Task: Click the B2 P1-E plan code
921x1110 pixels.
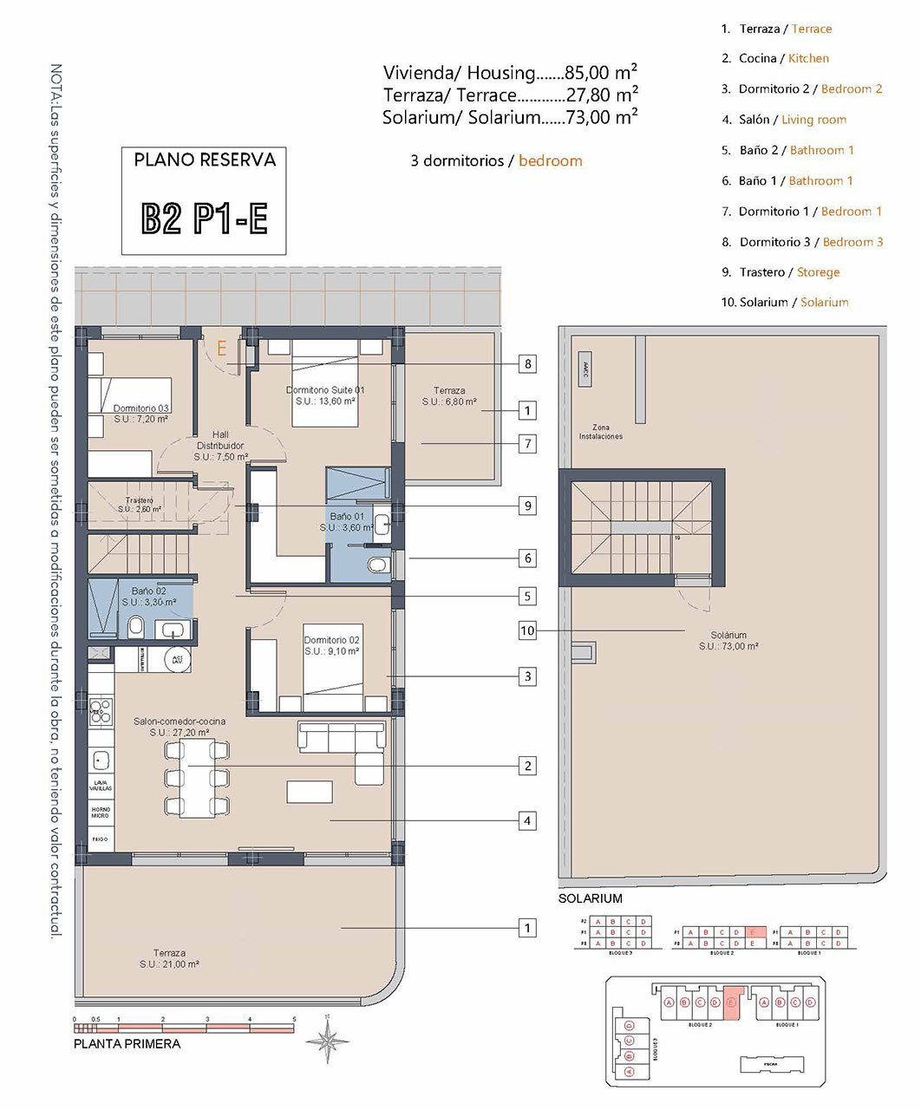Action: click(204, 219)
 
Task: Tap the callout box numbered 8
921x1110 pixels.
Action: click(527, 364)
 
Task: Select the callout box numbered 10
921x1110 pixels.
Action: click(527, 630)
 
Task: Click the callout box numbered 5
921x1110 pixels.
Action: click(527, 597)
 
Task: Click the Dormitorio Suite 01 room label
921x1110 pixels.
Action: click(325, 395)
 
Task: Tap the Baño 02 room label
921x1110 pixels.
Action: click(148, 596)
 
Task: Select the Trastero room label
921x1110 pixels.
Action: click(140, 505)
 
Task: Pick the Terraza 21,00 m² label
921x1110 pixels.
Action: click(170, 958)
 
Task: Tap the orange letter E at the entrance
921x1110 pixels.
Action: click(222, 349)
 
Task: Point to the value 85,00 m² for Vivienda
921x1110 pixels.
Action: click(601, 72)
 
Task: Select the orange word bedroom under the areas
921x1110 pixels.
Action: click(551, 161)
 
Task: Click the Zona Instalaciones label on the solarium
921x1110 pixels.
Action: click(601, 432)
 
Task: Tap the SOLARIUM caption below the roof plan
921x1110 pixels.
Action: click(591, 899)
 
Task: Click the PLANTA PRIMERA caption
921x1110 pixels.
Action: click(127, 1044)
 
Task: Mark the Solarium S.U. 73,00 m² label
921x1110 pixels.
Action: click(728, 641)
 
